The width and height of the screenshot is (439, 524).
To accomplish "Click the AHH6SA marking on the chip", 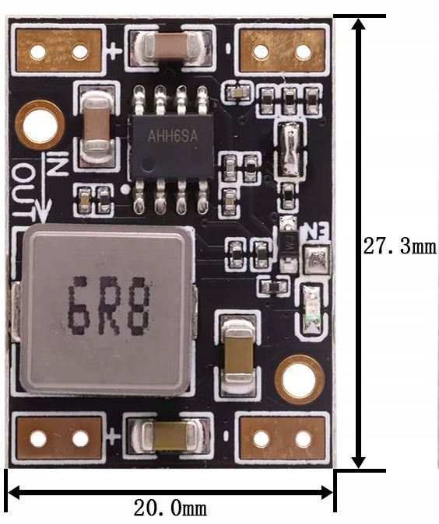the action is click(173, 136).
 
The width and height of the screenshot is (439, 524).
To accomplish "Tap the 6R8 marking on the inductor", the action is click(109, 306).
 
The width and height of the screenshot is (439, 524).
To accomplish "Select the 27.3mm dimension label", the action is click(400, 246).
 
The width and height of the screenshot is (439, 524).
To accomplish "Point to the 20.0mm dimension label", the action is click(170, 508).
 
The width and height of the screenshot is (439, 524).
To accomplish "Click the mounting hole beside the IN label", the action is click(40, 125).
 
